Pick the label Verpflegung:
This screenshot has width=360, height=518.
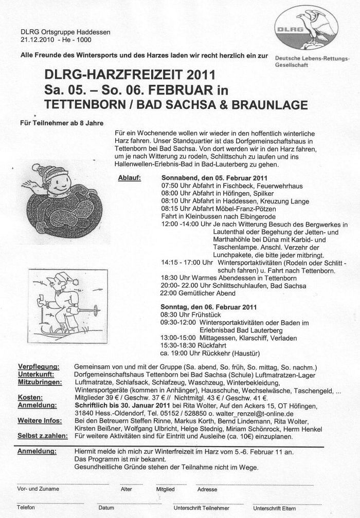tap(39, 366)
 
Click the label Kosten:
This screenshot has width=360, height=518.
tap(30, 397)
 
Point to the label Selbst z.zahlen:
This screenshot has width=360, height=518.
tap(43, 436)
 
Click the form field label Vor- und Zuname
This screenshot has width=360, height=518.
tap(38, 489)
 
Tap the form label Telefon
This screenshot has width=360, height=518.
tap(26, 507)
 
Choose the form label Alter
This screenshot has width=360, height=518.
tap(126, 489)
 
